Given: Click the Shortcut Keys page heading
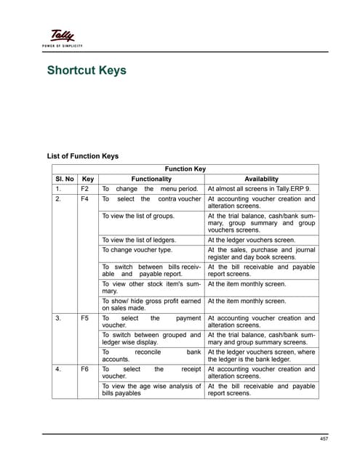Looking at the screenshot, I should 87,70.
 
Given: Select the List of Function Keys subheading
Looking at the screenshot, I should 82,155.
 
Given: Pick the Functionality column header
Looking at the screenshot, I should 151,179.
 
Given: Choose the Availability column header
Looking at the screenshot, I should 261,179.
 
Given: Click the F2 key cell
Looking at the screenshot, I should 85,189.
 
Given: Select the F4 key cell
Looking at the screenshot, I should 85,199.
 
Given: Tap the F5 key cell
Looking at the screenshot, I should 85,318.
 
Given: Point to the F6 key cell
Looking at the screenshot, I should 85,369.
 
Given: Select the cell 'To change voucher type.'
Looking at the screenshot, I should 136,250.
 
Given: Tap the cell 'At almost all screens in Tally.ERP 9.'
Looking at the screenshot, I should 260,189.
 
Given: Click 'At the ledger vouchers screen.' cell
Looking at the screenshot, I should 252,240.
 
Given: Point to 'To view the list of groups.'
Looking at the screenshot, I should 137,216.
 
